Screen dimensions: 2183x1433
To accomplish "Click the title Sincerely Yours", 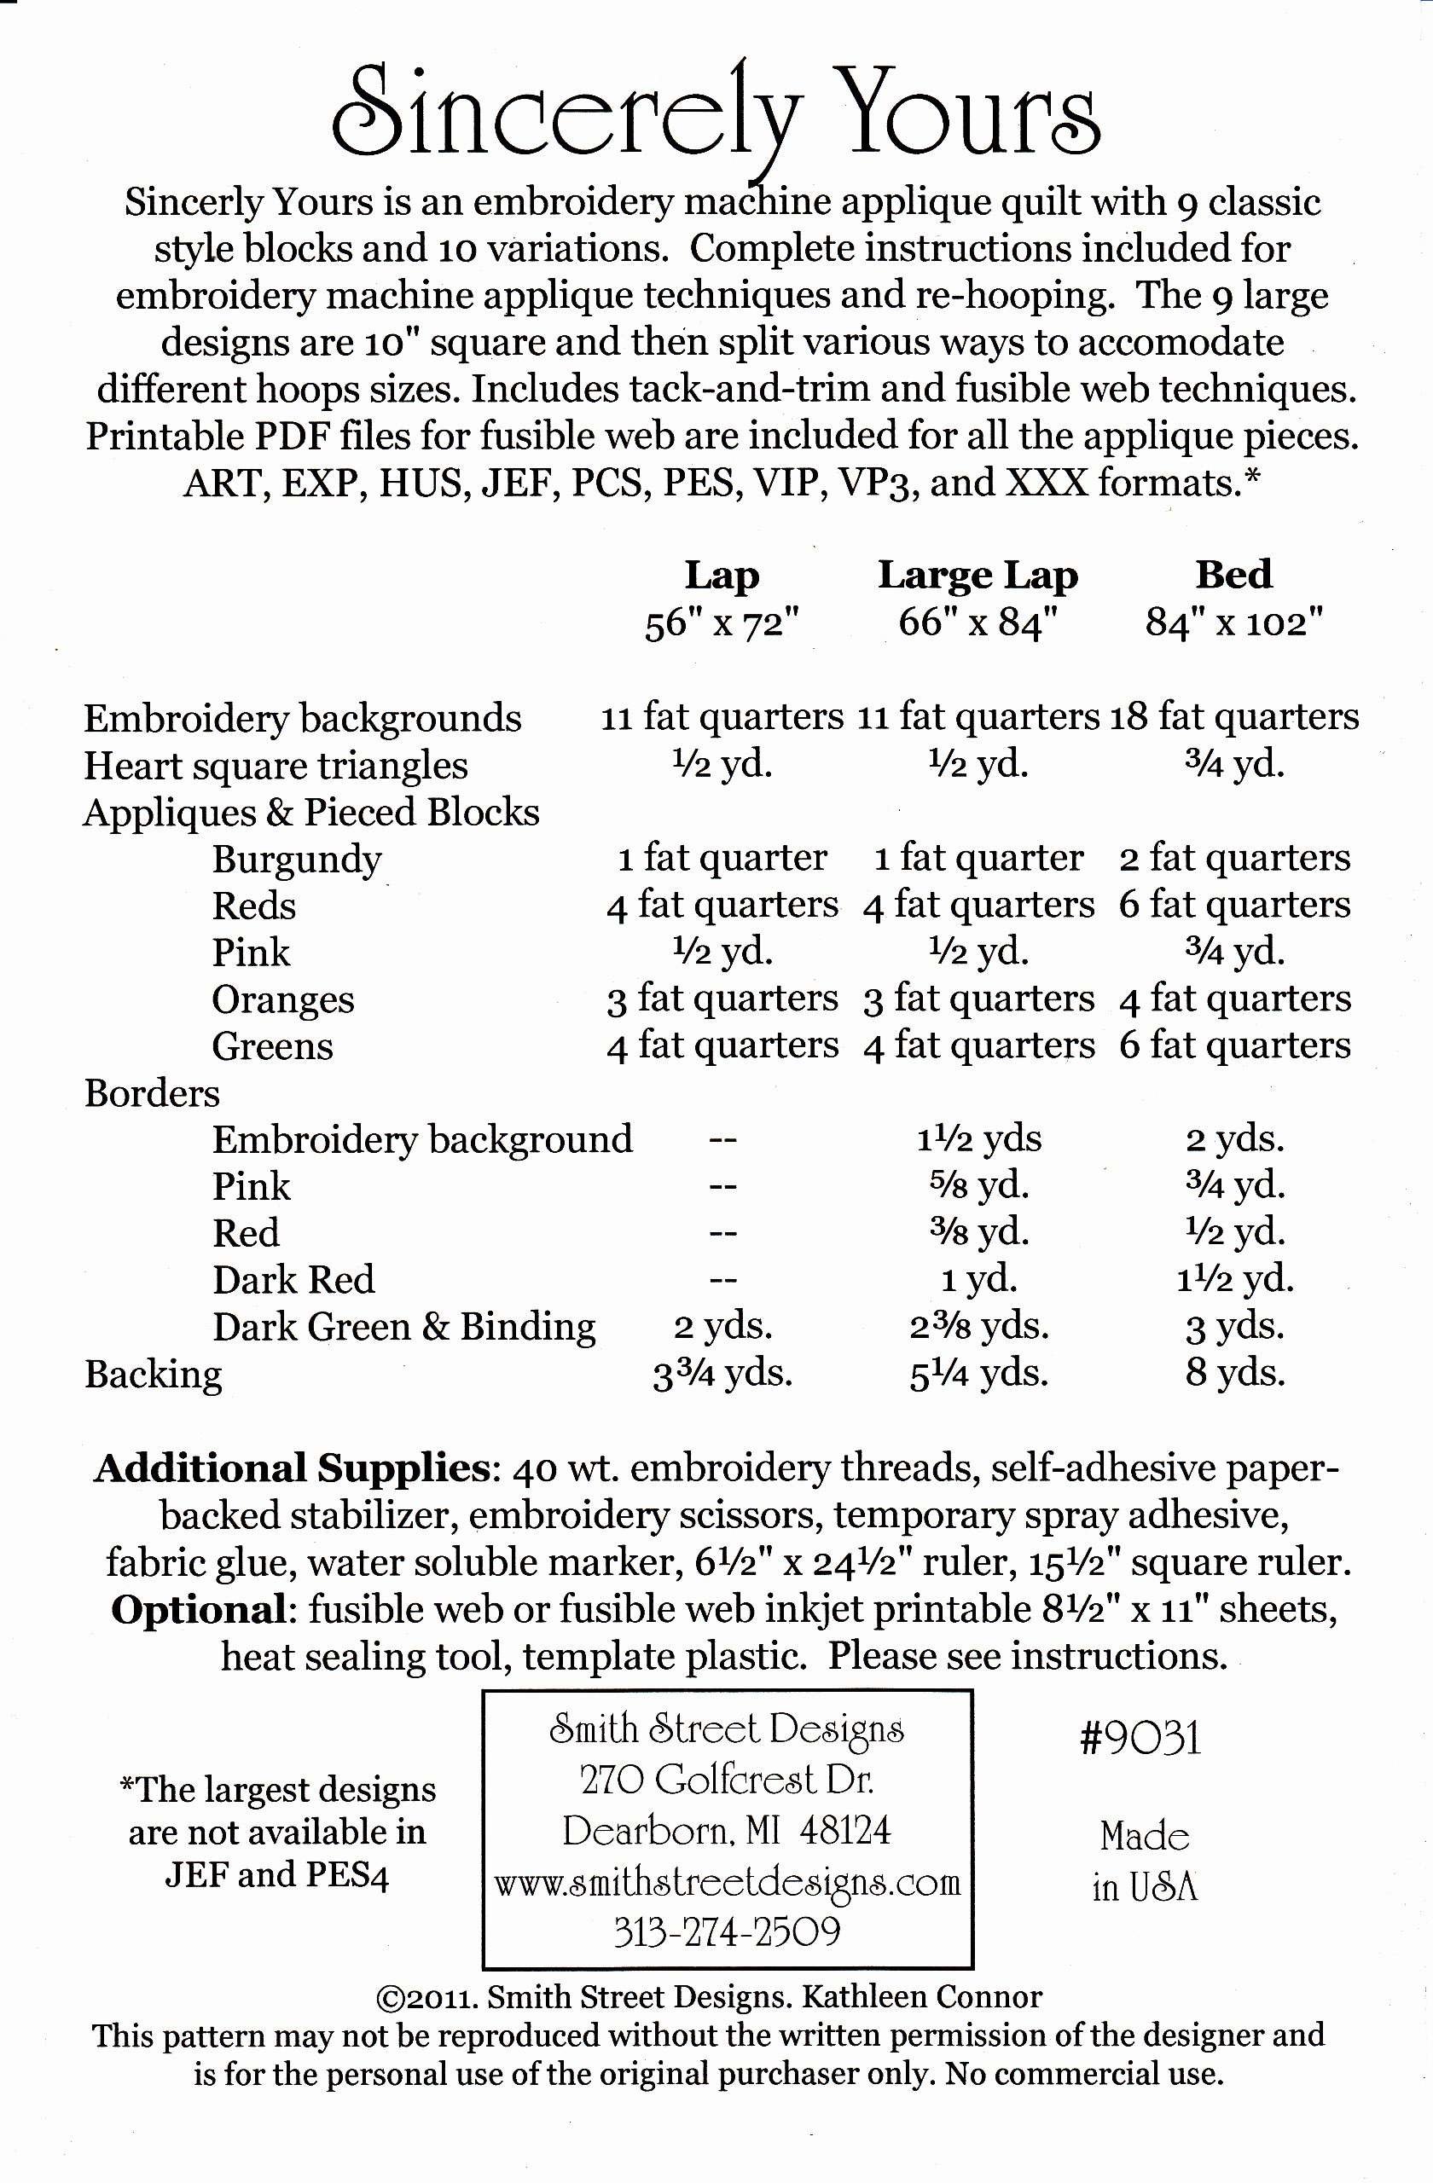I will click(x=716, y=119).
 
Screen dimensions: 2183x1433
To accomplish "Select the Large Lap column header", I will click(x=978, y=576).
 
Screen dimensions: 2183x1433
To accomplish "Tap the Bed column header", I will click(x=1233, y=575).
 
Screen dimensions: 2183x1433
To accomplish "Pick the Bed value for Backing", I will click(x=1235, y=1373).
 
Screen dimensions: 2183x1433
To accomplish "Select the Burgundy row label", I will click(x=296, y=860).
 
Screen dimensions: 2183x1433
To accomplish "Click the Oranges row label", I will click(x=282, y=999).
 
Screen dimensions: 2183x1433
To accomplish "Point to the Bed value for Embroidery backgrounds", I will click(x=1234, y=716).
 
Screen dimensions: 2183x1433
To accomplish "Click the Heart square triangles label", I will click(x=276, y=766).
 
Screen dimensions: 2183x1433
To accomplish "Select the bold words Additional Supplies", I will click(x=292, y=1469).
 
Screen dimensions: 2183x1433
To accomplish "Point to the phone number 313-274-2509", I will click(x=727, y=1932).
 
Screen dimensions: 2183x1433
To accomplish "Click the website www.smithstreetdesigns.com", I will click(x=727, y=1883).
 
